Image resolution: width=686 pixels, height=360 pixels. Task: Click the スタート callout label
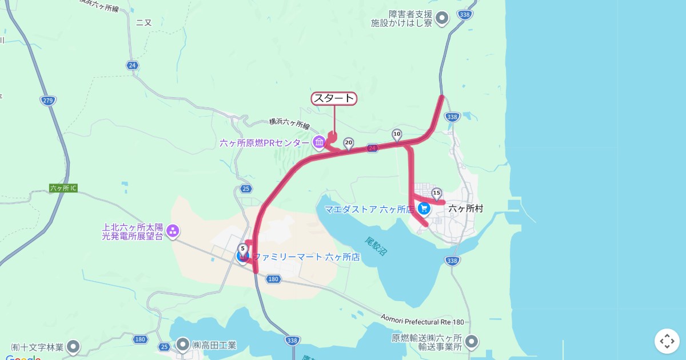[x=334, y=99]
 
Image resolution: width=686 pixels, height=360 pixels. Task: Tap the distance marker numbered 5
[x=243, y=249]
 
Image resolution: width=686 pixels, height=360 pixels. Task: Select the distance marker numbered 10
[x=397, y=134]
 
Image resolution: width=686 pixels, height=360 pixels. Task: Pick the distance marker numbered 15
[x=437, y=193]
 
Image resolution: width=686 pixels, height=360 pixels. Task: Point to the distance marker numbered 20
[x=349, y=143]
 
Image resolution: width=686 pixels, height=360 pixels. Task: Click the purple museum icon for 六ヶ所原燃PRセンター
[x=319, y=142]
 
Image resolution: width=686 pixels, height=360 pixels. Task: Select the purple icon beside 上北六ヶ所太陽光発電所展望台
[x=173, y=231]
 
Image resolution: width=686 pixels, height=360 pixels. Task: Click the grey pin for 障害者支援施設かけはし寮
[x=442, y=19]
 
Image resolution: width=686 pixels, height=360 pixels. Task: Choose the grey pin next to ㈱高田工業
[x=183, y=345]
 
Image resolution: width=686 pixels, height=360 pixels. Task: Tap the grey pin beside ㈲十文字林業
[x=73, y=346]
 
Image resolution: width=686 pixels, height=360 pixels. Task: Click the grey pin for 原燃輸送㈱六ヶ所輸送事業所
[x=472, y=342]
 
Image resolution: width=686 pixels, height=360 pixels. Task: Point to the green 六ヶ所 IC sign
[x=63, y=188]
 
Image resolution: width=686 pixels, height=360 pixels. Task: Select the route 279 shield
[x=48, y=101]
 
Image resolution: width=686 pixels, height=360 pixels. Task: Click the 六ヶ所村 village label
[x=466, y=209]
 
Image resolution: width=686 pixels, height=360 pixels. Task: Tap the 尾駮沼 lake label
[x=373, y=245]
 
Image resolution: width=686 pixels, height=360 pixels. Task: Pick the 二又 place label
[x=144, y=23]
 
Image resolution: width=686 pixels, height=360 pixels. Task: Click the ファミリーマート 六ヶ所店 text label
[x=306, y=257]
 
